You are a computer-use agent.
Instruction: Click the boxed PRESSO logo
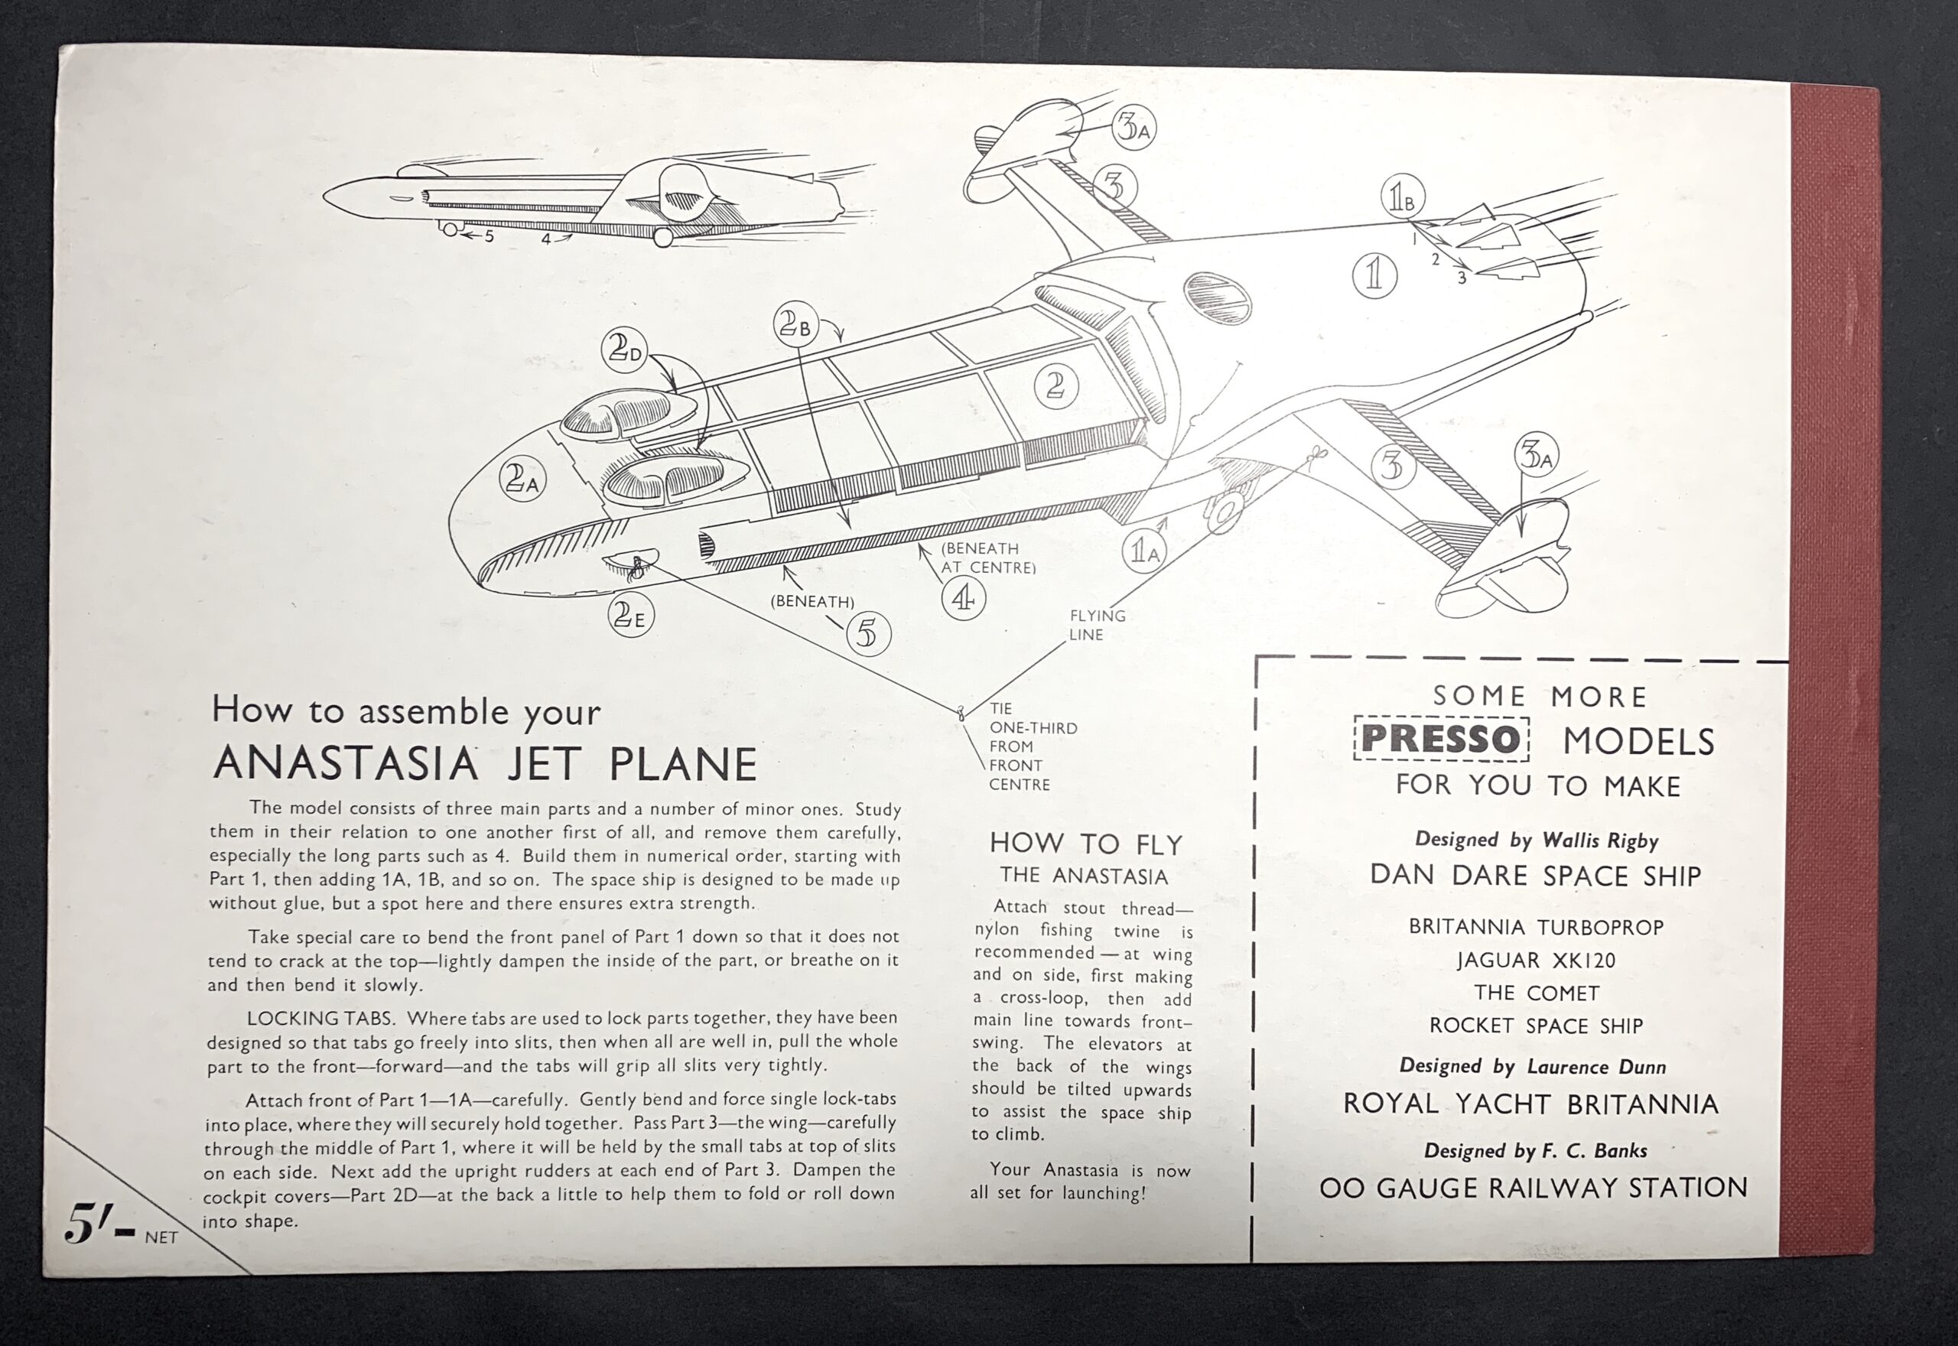pos(1442,739)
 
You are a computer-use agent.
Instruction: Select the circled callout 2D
pos(624,351)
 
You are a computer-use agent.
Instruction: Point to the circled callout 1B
pos(1402,197)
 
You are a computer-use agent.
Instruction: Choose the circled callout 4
pos(963,598)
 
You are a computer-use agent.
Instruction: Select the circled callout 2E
pos(630,616)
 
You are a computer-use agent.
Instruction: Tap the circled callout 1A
pos(1144,551)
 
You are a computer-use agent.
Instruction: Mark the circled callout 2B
pos(796,323)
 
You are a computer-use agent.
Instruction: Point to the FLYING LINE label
pos(1097,625)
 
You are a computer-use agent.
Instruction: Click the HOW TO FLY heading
pos(1086,844)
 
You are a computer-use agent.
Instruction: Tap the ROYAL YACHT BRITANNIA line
pos(1530,1104)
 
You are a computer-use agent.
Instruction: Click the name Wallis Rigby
pos(1601,840)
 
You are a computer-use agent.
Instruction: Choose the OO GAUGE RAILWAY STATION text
pos(1533,1188)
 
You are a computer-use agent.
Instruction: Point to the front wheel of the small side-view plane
pos(450,229)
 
